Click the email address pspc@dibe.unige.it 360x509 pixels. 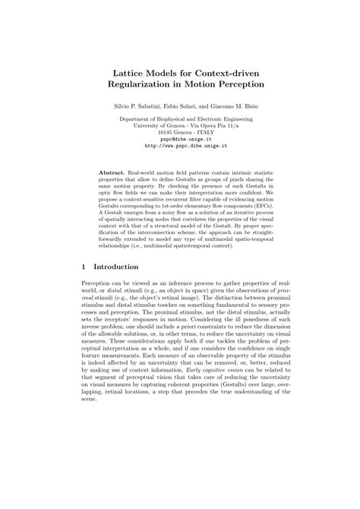[179, 140]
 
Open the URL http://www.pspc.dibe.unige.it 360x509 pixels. [179, 147]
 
